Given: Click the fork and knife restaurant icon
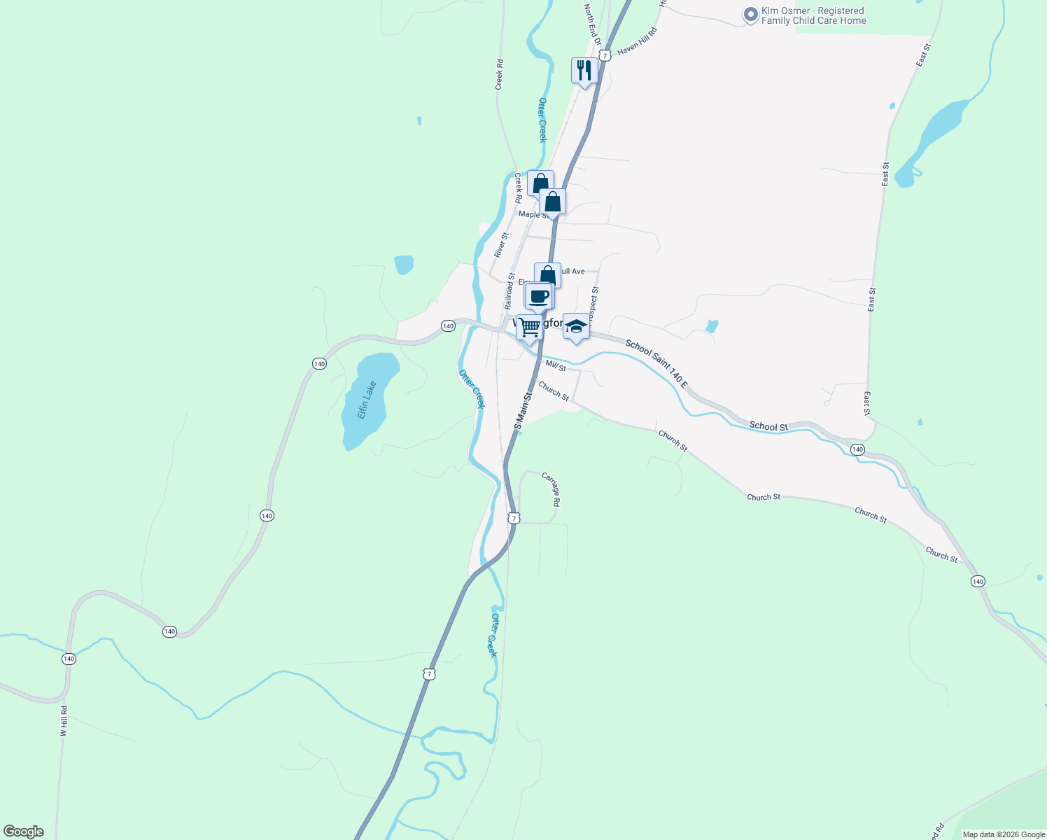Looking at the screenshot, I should (584, 70).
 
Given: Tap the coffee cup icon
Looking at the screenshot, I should (539, 296).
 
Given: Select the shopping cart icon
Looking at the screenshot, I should (530, 326).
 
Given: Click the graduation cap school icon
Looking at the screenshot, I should (576, 326).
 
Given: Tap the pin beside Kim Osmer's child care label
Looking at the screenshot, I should (750, 15).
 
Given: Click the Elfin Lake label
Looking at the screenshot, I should (367, 400).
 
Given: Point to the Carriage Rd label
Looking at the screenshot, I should (551, 489).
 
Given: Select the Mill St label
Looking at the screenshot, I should (556, 366).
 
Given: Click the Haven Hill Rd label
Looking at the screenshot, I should (638, 41).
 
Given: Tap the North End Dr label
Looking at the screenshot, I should (592, 24).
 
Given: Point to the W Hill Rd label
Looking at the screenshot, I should (64, 720).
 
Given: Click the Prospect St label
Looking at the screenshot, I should (593, 302).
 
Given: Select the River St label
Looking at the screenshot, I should (500, 245).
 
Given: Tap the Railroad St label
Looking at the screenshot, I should (510, 291).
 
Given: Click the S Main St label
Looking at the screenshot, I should (523, 410).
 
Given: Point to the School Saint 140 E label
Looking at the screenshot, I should (656, 364).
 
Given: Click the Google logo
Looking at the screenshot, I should (24, 832).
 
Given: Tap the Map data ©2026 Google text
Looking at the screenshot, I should (1004, 834).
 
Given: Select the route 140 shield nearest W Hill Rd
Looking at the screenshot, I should (69, 659).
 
